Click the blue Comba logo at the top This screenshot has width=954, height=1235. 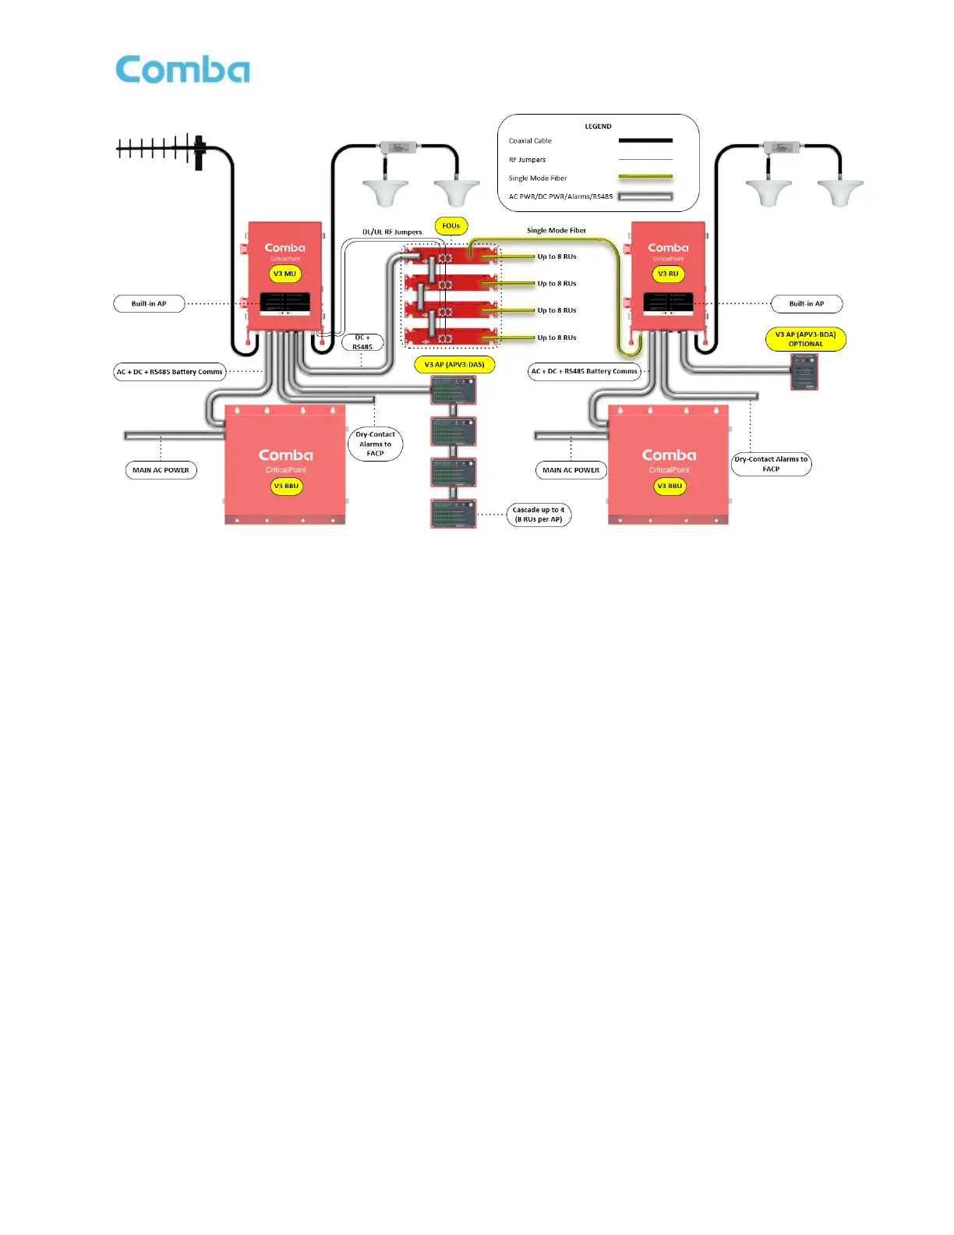pos(182,69)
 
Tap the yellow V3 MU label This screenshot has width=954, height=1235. pos(284,274)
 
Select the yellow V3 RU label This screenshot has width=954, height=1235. pos(668,274)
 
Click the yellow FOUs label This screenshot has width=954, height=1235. pos(451,226)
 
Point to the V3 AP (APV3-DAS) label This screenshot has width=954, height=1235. pos(454,364)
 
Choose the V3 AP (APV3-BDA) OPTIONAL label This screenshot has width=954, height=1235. pos(805,339)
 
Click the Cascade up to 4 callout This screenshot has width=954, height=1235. pos(539,515)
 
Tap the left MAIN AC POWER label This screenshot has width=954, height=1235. pos(161,470)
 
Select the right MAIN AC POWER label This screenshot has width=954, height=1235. pos(571,470)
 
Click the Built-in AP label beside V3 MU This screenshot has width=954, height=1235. pos(149,303)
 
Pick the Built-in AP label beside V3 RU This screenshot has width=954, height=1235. pos(807,303)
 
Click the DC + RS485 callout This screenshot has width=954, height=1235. pos(362,342)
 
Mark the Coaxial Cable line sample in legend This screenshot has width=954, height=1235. pos(645,141)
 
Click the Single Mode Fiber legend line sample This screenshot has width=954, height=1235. pos(645,178)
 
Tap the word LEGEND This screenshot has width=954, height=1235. pos(598,126)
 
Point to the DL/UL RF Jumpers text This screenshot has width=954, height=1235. pos(392,232)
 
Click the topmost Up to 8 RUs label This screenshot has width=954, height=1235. pos(556,257)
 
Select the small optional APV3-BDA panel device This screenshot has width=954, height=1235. pos(804,371)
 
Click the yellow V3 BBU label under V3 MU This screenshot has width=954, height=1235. pos(286,486)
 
